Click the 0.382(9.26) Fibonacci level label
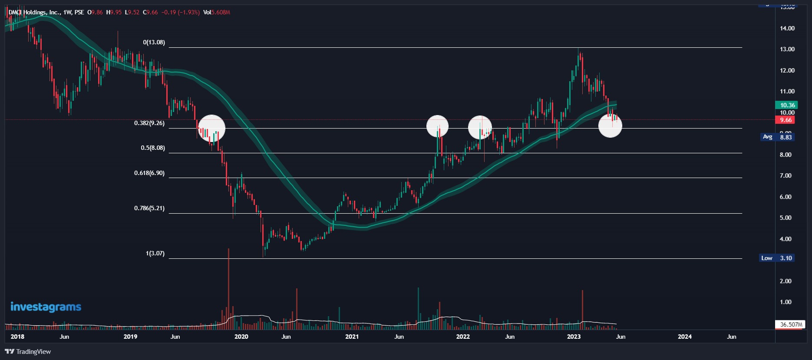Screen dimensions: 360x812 [149, 123]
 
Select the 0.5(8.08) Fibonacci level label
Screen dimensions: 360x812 [153, 148]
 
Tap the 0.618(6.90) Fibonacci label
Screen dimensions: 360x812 [149, 173]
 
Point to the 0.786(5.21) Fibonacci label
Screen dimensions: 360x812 [149, 208]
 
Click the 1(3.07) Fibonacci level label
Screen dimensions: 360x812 [155, 254]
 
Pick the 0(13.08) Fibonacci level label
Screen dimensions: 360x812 [154, 43]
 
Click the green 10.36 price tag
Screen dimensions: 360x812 [787, 105]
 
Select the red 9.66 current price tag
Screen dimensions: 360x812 [786, 120]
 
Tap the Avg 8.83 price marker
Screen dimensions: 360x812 [777, 137]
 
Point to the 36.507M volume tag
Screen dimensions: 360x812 [790, 324]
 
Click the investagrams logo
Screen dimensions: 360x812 [46, 307]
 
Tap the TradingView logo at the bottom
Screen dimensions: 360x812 [28, 352]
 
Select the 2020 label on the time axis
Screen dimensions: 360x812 [241, 337]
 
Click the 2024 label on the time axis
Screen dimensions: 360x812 [685, 337]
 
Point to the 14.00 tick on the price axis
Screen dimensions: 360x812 [787, 29]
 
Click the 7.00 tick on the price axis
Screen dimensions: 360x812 [786, 176]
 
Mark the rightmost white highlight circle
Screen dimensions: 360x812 [610, 126]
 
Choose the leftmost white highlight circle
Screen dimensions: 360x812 [211, 128]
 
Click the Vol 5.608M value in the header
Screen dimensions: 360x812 [217, 13]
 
